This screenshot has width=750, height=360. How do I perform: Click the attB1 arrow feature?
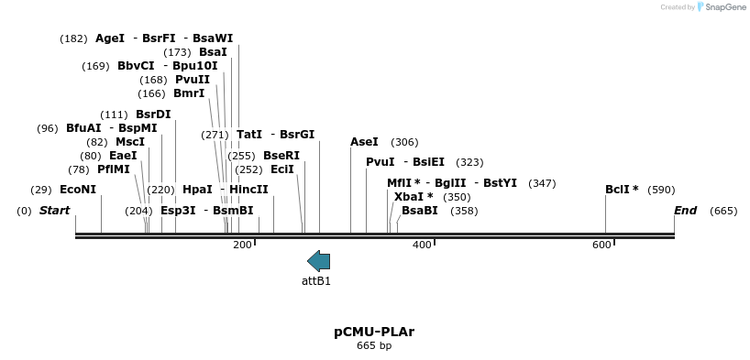pyautogui.click(x=318, y=261)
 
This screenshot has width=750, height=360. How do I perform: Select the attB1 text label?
pyautogui.click(x=316, y=281)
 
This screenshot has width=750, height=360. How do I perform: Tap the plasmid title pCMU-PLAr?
pyautogui.click(x=374, y=332)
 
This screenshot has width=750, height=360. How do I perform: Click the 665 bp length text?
pyautogui.click(x=374, y=346)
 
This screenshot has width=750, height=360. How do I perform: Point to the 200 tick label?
pyautogui.click(x=242, y=245)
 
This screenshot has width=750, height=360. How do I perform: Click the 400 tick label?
pyautogui.click(x=422, y=245)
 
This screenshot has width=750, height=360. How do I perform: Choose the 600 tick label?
pyautogui.click(x=601, y=245)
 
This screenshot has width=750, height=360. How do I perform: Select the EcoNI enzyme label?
pyautogui.click(x=78, y=190)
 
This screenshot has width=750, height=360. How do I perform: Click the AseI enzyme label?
pyautogui.click(x=364, y=142)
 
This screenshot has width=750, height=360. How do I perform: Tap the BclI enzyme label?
pyautogui.click(x=622, y=190)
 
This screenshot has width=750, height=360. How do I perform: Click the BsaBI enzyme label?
pyautogui.click(x=420, y=211)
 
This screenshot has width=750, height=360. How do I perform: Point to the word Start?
pyautogui.click(x=54, y=211)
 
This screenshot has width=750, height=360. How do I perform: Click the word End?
pyautogui.click(x=685, y=211)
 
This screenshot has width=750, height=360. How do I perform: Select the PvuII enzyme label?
pyautogui.click(x=193, y=80)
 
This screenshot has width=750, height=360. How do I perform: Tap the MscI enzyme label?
pyautogui.click(x=130, y=142)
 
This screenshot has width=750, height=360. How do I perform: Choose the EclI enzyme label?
pyautogui.click(x=282, y=169)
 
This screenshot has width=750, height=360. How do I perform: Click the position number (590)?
pyautogui.click(x=661, y=190)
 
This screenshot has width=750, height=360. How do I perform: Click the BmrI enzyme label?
pyautogui.click(x=189, y=93)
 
